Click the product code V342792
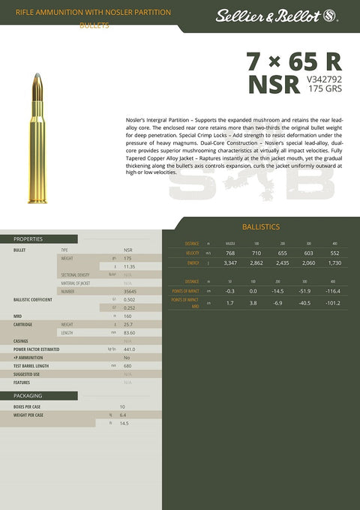(x=325, y=78)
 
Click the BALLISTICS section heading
(x=261, y=226)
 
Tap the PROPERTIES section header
(x=28, y=239)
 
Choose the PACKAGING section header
(x=28, y=395)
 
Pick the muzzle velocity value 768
(x=230, y=253)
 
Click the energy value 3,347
(x=230, y=263)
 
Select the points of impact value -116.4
(x=334, y=291)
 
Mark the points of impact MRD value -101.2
(x=334, y=303)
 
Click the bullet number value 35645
(x=130, y=291)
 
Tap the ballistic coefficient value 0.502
(x=129, y=299)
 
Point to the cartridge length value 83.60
(x=129, y=332)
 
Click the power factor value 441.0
(x=129, y=349)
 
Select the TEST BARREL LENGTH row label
(x=31, y=365)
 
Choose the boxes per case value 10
(x=122, y=406)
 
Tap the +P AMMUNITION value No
(x=127, y=357)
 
